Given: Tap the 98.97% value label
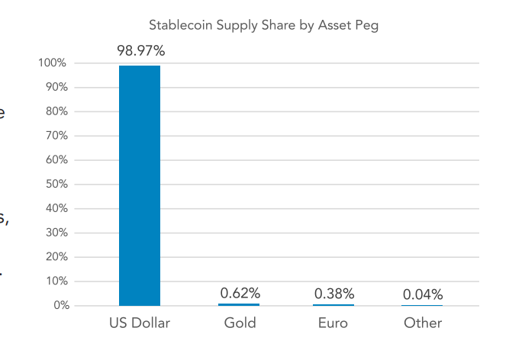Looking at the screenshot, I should coord(140,51).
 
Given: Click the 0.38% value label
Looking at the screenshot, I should coord(333,293).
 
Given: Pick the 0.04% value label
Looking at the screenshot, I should coord(423,294).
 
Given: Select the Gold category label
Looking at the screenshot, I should coord(240,323).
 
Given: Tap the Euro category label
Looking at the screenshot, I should coord(333,323).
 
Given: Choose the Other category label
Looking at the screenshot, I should coord(423,323).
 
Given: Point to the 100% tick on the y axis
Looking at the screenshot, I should coord(53,63).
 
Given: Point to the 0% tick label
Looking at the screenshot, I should coord(60,306).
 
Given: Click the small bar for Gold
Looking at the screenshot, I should coord(239,304).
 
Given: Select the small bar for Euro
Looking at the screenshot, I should coord(333,305).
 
